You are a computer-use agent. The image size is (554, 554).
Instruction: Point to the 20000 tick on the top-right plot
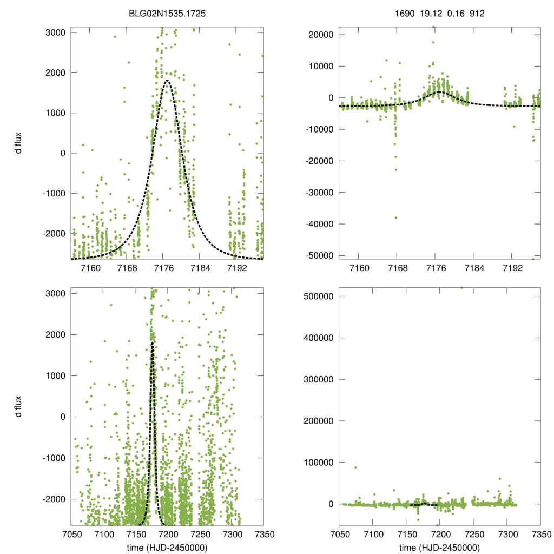pos(320,35)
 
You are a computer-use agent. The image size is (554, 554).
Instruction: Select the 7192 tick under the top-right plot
pos(512,268)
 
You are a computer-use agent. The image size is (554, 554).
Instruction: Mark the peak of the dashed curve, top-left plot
pos(167,81)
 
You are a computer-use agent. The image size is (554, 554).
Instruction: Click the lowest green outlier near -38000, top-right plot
pos(396,217)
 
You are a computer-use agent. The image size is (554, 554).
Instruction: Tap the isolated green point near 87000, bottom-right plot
pos(355,467)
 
